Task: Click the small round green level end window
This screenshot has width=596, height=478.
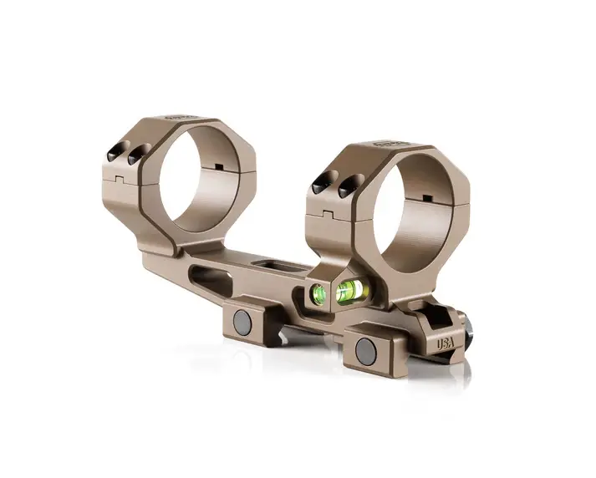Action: click(318, 292)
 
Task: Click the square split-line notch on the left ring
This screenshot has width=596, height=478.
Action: click(118, 178)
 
